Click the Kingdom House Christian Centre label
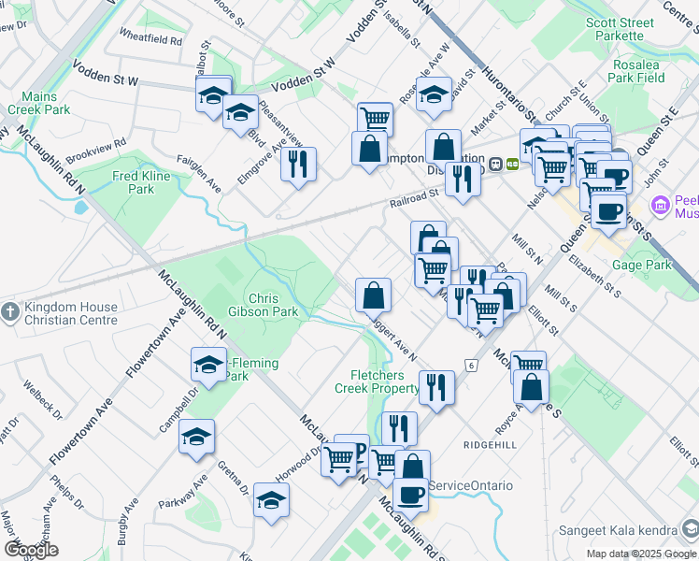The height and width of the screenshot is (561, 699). point(65,313)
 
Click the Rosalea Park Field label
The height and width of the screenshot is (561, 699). point(638,71)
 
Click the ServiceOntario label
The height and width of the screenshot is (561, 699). point(471,485)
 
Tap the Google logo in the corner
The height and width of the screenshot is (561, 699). point(31,550)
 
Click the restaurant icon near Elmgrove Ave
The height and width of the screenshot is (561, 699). point(298,164)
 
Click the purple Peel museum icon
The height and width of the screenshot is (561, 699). point(662,204)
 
